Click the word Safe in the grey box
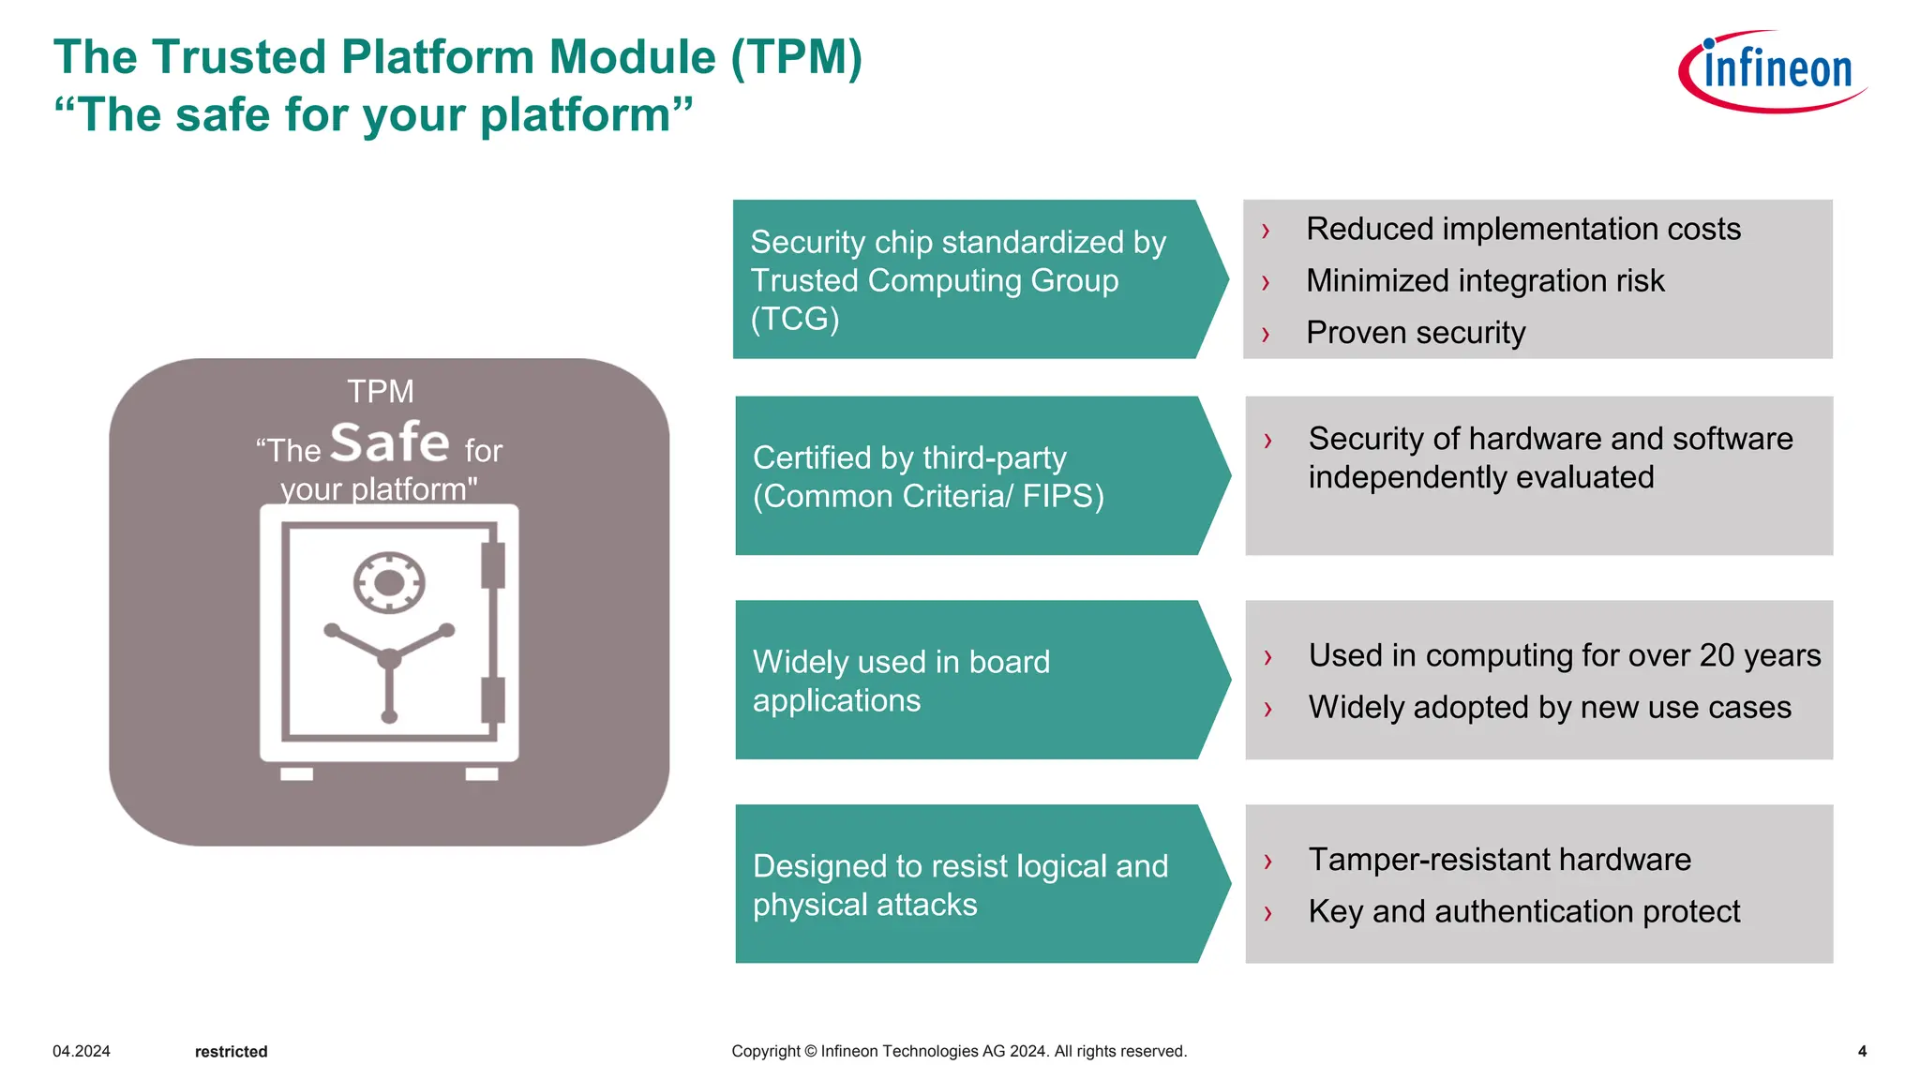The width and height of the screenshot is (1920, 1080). pyautogui.click(x=390, y=442)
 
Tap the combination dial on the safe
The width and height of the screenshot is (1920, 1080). pyautogui.click(x=389, y=583)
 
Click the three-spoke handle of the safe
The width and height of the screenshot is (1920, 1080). pyautogui.click(x=389, y=660)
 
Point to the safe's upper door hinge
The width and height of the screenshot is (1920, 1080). pyautogui.click(x=493, y=565)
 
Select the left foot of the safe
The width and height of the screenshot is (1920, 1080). pyautogui.click(x=296, y=773)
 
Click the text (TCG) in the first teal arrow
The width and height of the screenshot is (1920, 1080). pyautogui.click(x=795, y=319)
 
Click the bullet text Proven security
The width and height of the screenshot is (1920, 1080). pyautogui.click(x=1415, y=333)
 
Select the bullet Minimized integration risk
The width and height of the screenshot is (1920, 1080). pyautogui.click(x=1484, y=280)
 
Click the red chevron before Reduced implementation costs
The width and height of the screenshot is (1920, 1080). pyautogui.click(x=1266, y=230)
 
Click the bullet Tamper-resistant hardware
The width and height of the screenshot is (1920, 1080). pyautogui.click(x=1499, y=860)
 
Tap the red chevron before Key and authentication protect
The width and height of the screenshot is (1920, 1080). pyautogui.click(x=1267, y=912)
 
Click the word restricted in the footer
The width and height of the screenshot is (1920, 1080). pyautogui.click(x=231, y=1052)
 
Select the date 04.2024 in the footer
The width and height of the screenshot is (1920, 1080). pyautogui.click(x=82, y=1052)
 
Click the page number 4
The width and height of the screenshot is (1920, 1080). pyautogui.click(x=1862, y=1052)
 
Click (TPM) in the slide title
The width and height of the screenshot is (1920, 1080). pyautogui.click(x=796, y=57)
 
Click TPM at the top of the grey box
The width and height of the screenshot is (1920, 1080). pyautogui.click(x=380, y=391)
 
